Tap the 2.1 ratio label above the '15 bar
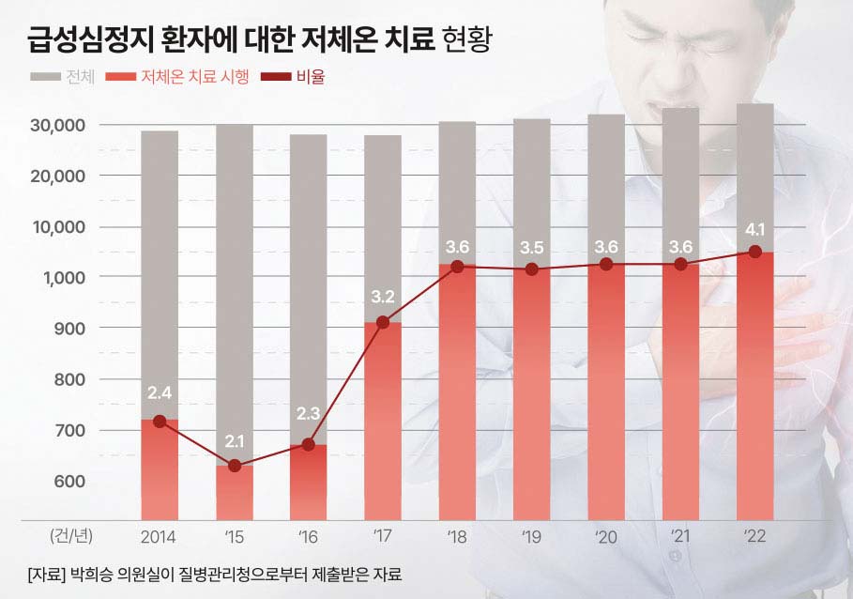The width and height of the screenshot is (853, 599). click(x=235, y=441)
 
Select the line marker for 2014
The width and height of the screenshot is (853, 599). click(x=160, y=422)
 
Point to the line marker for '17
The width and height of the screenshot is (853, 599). click(x=383, y=322)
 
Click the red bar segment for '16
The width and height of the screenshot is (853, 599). click(x=308, y=482)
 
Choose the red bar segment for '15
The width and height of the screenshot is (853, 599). click(x=235, y=492)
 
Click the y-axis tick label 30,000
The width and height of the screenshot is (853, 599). click(x=58, y=125)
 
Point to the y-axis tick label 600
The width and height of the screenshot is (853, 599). click(x=69, y=482)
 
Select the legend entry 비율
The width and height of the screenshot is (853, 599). click(x=309, y=78)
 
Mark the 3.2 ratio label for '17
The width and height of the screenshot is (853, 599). click(x=383, y=297)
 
